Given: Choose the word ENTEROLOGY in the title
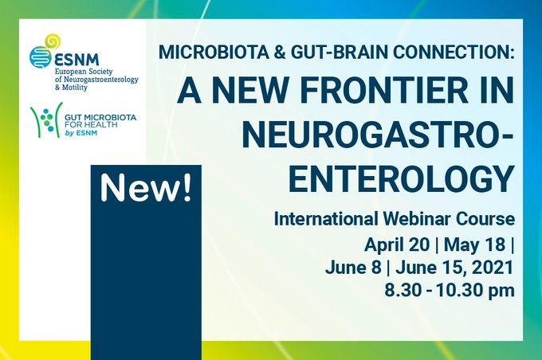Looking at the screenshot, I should point(400,178).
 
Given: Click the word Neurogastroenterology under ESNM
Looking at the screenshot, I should point(87,80).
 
